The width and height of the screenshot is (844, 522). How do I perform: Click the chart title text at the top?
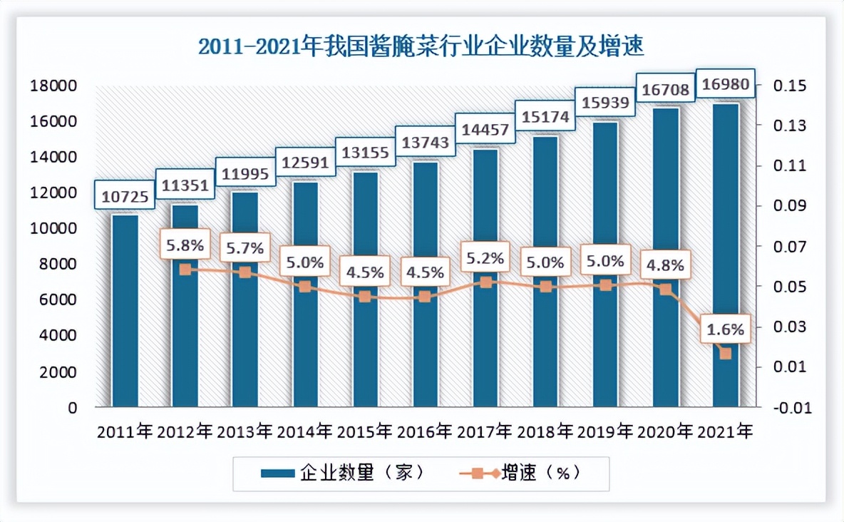tap(421, 47)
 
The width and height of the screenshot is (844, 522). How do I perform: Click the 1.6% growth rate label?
tap(726, 329)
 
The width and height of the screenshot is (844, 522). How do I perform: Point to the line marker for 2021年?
tap(726, 353)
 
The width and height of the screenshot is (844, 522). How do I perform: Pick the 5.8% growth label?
tap(185, 247)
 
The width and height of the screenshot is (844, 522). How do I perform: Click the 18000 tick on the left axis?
tap(53, 86)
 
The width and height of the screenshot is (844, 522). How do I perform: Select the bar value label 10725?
tap(124, 196)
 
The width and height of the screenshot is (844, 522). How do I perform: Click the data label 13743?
tap(426, 143)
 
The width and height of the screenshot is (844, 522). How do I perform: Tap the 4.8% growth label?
tap(665, 266)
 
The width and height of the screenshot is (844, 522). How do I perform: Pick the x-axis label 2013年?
tap(245, 432)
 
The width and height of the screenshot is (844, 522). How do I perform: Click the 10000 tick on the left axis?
tap(53, 229)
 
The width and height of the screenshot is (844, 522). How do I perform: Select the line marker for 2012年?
tap(185, 270)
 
